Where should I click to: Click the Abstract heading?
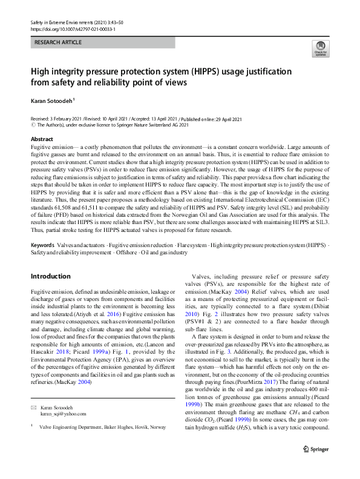42,139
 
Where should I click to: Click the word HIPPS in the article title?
206,70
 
